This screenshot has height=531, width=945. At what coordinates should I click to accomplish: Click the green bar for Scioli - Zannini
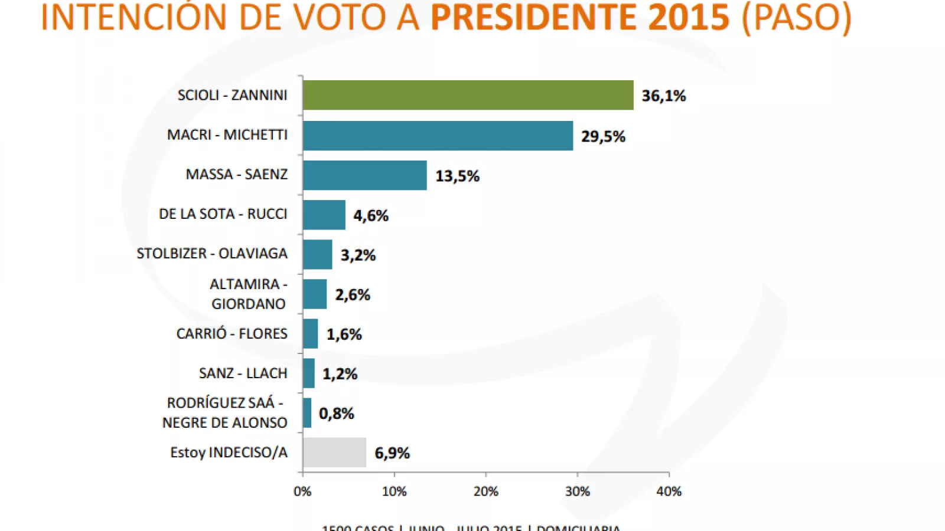468,95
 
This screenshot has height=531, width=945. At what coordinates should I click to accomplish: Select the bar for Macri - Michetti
438,136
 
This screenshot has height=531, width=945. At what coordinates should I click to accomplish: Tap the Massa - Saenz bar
364,175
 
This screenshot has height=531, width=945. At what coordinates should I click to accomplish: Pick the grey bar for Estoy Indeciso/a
334,453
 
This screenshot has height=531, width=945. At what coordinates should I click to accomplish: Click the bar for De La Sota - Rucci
324,215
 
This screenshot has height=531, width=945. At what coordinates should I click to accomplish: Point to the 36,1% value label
663,96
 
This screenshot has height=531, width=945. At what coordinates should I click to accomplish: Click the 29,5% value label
602,136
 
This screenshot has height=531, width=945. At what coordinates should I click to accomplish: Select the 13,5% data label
457,176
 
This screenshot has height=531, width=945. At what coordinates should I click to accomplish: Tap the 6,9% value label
392,453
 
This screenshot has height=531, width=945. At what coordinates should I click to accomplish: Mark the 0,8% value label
336,414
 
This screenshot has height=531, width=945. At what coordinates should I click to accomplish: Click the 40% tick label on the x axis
669,491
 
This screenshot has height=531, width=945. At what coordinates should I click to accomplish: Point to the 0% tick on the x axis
302,491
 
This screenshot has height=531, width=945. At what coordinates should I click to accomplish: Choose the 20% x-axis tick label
485,491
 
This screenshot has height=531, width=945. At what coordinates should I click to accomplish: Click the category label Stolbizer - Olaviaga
212,254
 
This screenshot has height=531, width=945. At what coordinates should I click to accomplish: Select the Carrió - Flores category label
232,334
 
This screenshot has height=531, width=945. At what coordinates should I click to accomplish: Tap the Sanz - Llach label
243,373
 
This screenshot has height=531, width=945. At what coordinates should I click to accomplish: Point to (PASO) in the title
796,18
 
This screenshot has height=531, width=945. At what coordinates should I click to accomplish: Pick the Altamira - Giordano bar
315,294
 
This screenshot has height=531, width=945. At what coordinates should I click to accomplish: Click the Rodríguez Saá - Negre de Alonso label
224,413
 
